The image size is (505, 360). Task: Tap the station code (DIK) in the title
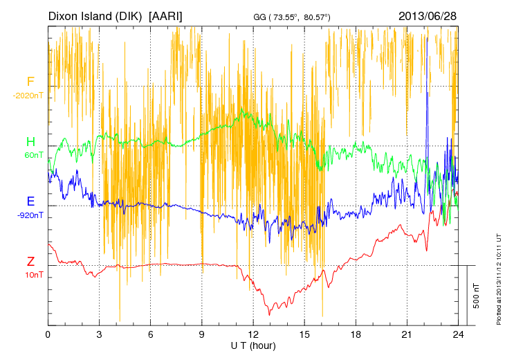point(131,15)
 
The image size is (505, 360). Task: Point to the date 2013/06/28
point(428,15)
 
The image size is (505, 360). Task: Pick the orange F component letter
point(30,82)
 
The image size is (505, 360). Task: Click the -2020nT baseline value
point(28,95)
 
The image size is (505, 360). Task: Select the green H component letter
point(30,142)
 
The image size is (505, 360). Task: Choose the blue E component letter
point(30,201)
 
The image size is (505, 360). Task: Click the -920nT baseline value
point(30,215)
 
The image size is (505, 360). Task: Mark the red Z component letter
point(30,262)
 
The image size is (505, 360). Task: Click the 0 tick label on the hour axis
point(48,335)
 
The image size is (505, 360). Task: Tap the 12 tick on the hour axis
point(253,335)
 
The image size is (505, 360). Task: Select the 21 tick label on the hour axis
point(407,335)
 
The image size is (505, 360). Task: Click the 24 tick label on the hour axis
point(458,335)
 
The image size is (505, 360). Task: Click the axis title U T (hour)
point(253,345)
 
